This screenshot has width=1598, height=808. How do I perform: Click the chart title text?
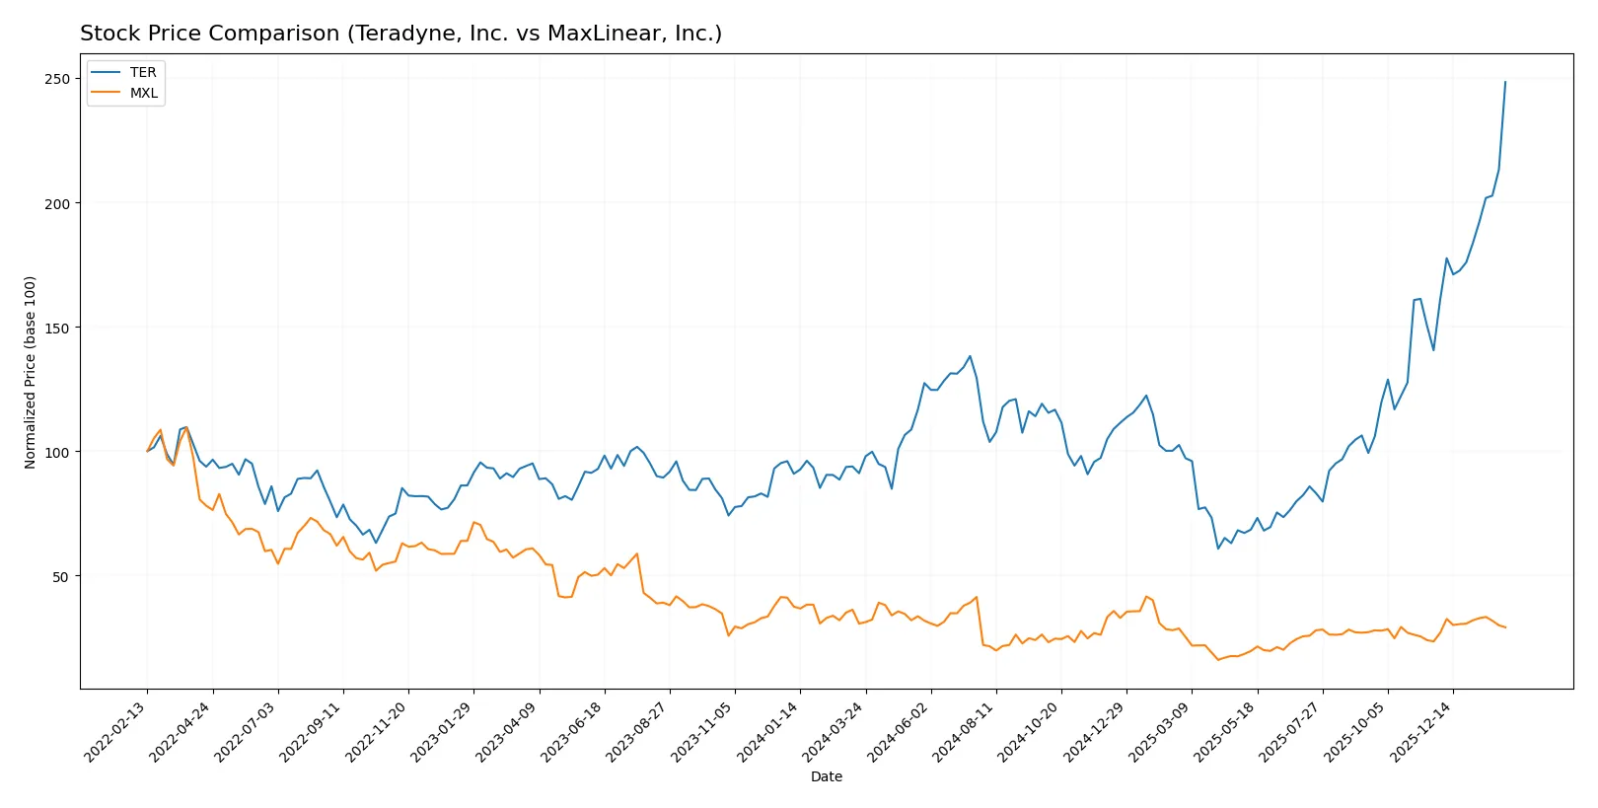point(400,34)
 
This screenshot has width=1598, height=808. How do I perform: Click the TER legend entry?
point(142,72)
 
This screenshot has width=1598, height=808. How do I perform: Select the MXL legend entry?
point(143,93)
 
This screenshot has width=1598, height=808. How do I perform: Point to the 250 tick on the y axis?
point(56,79)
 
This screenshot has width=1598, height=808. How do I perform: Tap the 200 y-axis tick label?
point(56,203)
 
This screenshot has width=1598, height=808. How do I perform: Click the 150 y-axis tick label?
point(56,328)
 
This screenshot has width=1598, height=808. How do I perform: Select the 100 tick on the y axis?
point(56,452)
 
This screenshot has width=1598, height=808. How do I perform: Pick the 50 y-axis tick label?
point(60,576)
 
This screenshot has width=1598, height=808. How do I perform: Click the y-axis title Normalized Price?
point(31,372)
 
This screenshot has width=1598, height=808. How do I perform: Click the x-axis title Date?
point(826,776)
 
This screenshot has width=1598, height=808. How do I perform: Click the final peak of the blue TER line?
point(1505,82)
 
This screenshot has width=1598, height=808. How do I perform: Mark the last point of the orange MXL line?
point(1505,627)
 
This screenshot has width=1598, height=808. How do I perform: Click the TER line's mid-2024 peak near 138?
point(970,356)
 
